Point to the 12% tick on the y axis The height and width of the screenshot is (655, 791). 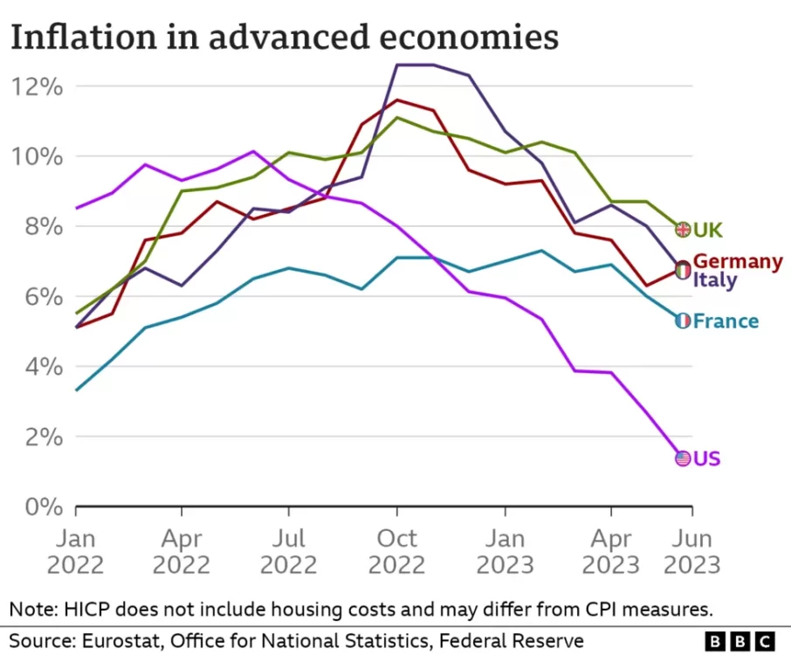[37, 86]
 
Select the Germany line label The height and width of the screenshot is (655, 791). [738, 261]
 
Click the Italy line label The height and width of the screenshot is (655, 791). [714, 280]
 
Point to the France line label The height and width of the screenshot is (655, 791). [726, 321]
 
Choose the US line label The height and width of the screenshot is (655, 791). [706, 458]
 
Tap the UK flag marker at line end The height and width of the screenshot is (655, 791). [683, 230]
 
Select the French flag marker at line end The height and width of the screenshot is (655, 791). [683, 321]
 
